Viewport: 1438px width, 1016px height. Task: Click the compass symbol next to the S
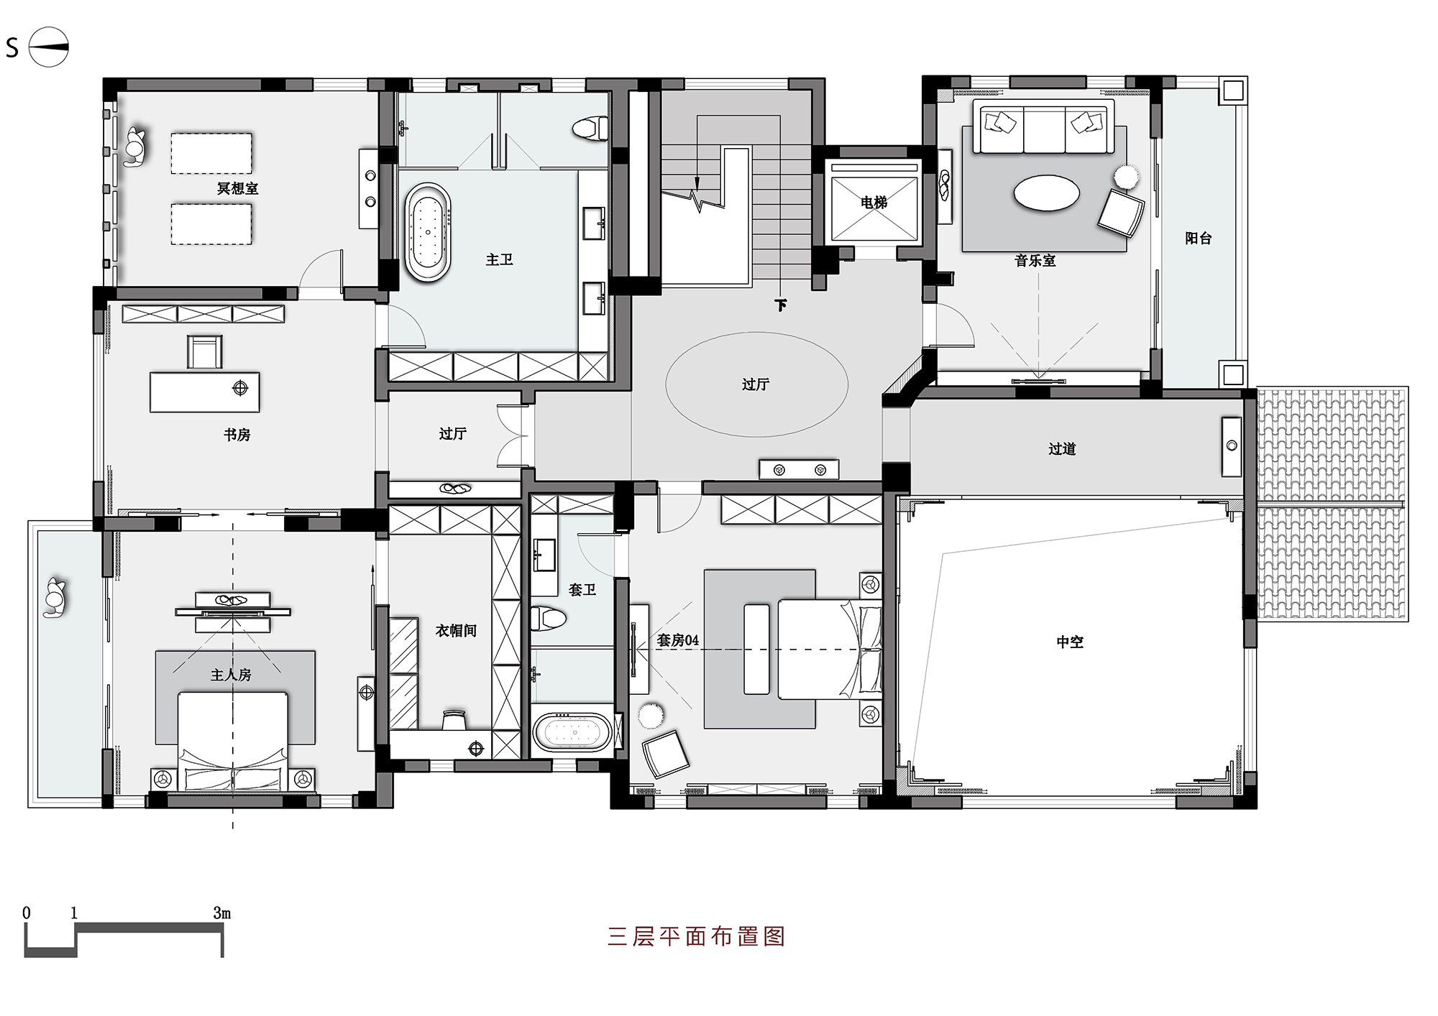(48, 47)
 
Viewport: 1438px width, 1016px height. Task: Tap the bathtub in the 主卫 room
(428, 232)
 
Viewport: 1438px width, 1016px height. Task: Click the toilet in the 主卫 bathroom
(590, 129)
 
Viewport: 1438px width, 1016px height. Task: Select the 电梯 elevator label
(874, 203)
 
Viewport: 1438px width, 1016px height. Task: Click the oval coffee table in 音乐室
(1046, 193)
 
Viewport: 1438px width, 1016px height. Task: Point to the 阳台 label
(1198, 238)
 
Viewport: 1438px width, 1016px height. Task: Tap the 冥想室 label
(237, 188)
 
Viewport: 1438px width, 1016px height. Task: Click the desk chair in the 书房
(204, 351)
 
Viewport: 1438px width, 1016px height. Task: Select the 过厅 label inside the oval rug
(755, 384)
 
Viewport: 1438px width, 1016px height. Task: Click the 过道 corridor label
(1062, 449)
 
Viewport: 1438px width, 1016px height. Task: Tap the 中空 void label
(1069, 642)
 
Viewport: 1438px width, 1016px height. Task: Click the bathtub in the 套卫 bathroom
(572, 732)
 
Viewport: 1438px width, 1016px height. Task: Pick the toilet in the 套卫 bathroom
(548, 618)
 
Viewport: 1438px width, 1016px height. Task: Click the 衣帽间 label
(456, 630)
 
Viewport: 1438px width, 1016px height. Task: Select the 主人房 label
(231, 675)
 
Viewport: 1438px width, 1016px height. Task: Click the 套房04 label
(677, 640)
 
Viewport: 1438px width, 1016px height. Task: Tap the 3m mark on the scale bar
(221, 913)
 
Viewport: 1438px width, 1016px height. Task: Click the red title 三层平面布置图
(696, 936)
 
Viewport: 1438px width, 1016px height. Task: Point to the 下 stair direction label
(781, 305)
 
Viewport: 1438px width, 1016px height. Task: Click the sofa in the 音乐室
(1043, 127)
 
